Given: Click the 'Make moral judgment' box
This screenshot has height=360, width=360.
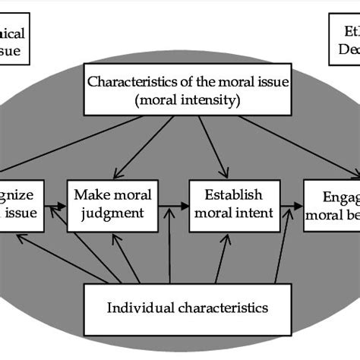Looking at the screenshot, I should pyautogui.click(x=108, y=204).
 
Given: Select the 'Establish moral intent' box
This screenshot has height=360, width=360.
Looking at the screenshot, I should pyautogui.click(x=231, y=204).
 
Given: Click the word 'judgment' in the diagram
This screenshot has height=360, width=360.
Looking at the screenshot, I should pyautogui.click(x=108, y=213).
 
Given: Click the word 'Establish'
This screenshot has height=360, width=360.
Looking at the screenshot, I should pyautogui.click(x=231, y=194).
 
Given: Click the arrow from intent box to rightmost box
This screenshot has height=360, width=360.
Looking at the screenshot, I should pyautogui.click(x=288, y=205).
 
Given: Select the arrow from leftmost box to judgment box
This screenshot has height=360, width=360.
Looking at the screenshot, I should pyautogui.click(x=57, y=205).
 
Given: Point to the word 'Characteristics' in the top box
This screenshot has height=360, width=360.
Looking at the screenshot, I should pyautogui.click(x=127, y=81).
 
